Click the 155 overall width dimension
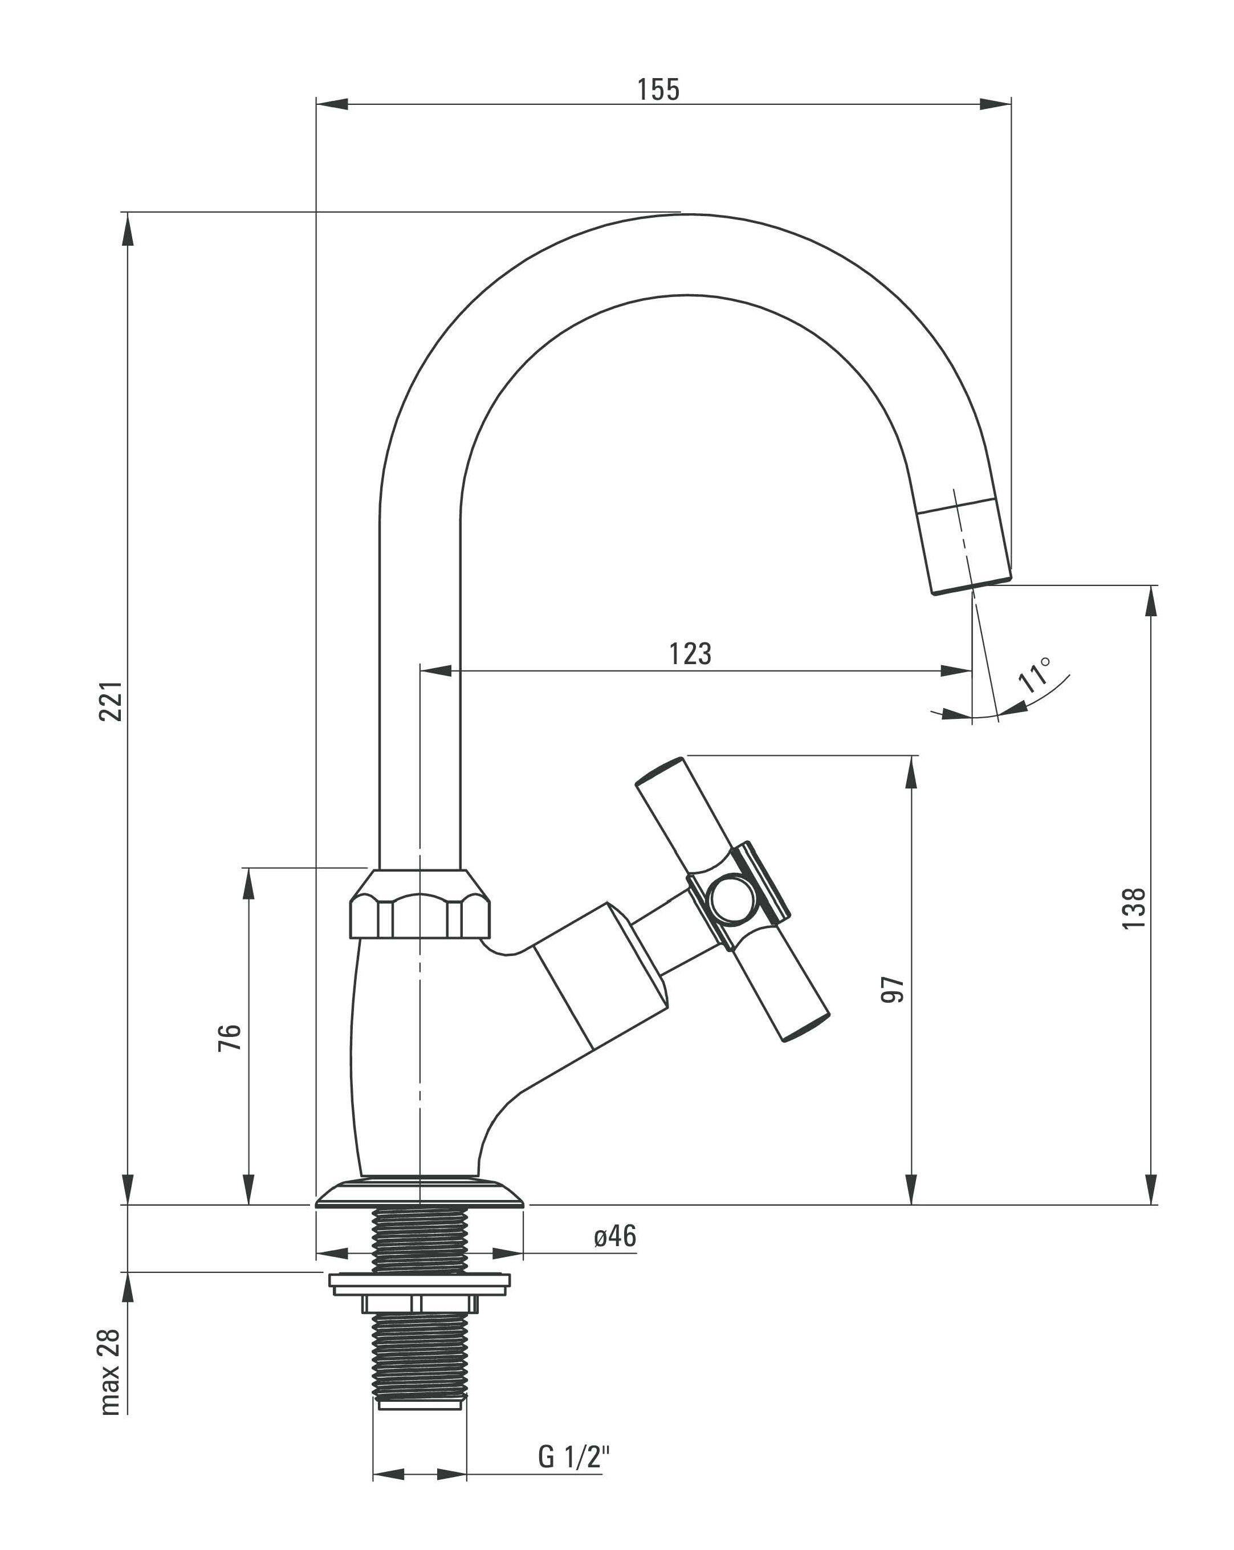[x=658, y=90]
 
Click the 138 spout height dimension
[x=1134, y=908]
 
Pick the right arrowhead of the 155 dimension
[x=995, y=104]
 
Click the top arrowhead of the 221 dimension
[x=127, y=230]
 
